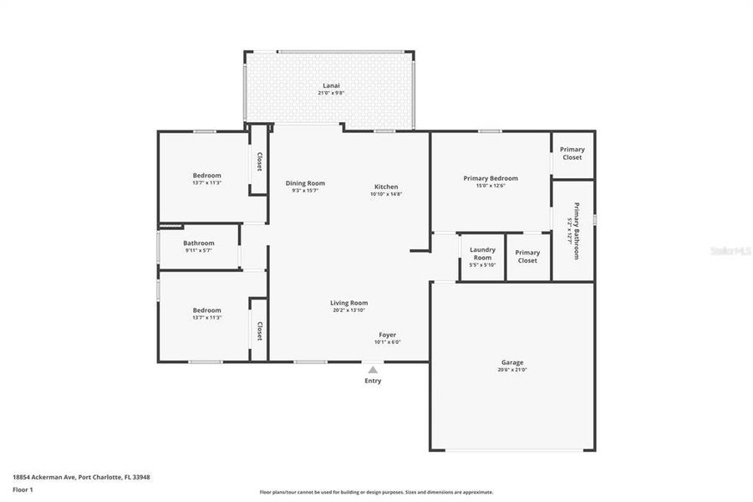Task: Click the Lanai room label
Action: click(331, 85)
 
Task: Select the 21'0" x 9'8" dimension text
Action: click(331, 93)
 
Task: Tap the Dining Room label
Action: click(305, 183)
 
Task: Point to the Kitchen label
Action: click(386, 187)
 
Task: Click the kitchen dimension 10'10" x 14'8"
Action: click(386, 194)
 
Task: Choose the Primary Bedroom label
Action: click(491, 178)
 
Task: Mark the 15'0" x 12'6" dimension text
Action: click(491, 186)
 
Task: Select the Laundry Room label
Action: click(482, 253)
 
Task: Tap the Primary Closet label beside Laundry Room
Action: click(527, 256)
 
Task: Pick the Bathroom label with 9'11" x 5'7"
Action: click(199, 243)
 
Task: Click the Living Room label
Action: click(349, 303)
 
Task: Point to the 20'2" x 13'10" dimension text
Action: click(349, 310)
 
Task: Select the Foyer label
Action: click(387, 335)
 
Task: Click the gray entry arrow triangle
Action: click(373, 369)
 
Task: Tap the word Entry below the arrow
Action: click(373, 381)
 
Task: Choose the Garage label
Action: click(512, 362)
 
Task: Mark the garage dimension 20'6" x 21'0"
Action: click(512, 370)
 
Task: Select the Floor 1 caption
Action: click(23, 489)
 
